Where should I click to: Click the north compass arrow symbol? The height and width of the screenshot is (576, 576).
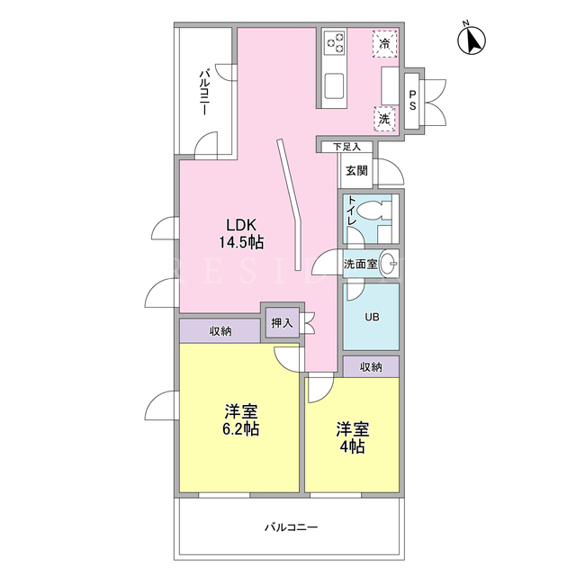(472, 40)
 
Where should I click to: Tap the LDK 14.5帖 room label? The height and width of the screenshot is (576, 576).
(241, 233)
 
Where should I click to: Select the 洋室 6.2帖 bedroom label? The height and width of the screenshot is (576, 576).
(241, 420)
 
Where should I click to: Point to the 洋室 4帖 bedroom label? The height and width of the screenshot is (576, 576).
(352, 438)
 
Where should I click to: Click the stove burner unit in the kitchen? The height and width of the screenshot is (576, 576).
(334, 42)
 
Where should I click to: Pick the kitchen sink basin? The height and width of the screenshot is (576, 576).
(334, 86)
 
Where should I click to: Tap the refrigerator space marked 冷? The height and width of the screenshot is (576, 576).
(385, 44)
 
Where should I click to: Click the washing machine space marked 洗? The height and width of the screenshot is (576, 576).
(384, 119)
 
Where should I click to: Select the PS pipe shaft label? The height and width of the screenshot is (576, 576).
(412, 100)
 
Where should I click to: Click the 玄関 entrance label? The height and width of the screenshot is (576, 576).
(356, 170)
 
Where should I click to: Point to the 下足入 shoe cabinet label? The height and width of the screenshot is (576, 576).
(346, 147)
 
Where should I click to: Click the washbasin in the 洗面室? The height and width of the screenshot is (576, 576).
(388, 264)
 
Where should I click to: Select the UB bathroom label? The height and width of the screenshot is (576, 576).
(372, 317)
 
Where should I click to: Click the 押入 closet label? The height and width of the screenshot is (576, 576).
(282, 323)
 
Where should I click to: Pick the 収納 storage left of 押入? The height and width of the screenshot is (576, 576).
(220, 331)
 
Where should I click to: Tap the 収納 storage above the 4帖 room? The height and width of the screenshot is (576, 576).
(371, 366)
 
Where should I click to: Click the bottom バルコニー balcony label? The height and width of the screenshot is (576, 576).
(292, 527)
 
